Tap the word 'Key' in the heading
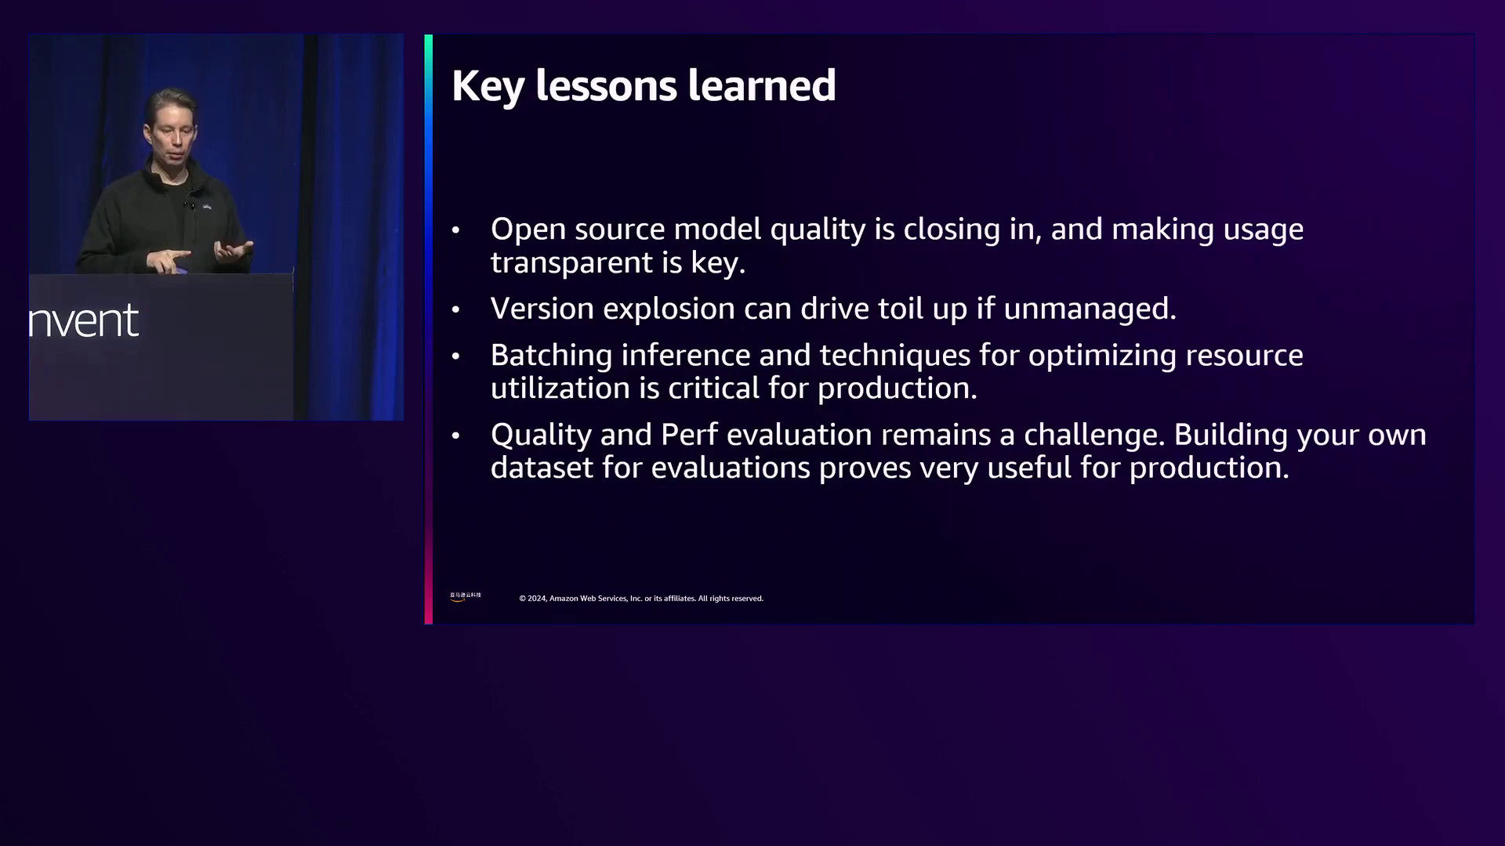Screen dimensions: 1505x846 488,87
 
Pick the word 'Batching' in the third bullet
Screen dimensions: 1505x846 551,356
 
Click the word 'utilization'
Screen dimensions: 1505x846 560,388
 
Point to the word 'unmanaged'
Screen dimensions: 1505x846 1090,309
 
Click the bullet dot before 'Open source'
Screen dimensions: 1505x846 455,230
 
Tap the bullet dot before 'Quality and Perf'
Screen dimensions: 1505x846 455,436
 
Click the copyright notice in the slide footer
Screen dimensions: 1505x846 641,598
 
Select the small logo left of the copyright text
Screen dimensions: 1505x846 466,597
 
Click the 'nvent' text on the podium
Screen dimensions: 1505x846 84,321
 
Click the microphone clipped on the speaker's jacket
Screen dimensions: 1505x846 190,205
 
